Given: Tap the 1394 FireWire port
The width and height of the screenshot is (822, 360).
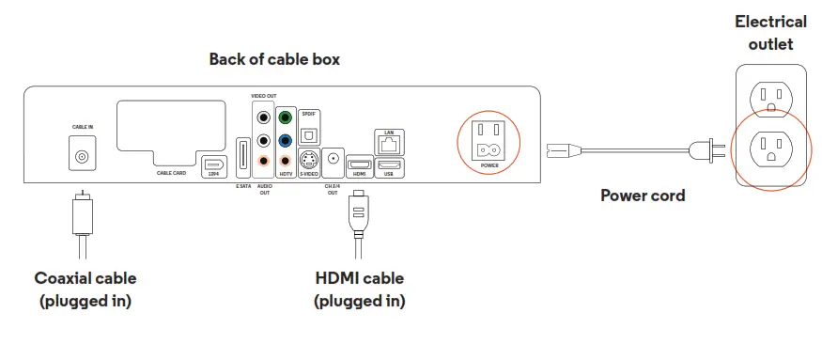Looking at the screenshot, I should pos(212,161).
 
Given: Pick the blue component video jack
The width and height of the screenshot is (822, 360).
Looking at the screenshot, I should pos(285,139).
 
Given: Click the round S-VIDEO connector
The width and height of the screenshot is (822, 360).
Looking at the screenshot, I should pos(307,160).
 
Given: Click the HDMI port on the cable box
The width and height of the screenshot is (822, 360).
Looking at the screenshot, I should pos(358,164).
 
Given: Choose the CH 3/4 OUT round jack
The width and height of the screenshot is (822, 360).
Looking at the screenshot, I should pos(333,160).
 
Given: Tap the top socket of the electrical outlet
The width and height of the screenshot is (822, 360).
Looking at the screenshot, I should pos(770,98).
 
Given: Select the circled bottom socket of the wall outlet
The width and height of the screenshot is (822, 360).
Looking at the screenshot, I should pos(770,149).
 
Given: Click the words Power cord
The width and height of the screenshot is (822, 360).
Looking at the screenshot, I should pos(643,196).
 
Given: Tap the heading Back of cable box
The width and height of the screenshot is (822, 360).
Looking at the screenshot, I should pos(273,59).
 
